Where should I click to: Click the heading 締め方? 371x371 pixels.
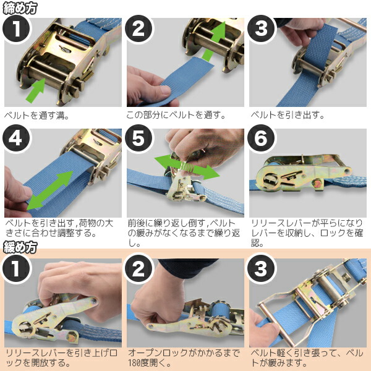coord(20,8)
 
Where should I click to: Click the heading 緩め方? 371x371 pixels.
coord(20,247)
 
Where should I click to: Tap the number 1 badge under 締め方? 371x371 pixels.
coord(17,29)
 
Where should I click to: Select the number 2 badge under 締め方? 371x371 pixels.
coord(139,29)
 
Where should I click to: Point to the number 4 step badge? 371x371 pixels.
coord(17,138)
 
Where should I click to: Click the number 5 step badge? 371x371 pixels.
coord(139,138)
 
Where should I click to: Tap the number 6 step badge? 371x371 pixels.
coord(262,138)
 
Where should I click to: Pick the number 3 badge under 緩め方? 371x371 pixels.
coord(261,268)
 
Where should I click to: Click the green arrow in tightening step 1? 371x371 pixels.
coord(35,91)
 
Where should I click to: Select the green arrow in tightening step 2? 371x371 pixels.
coord(214,41)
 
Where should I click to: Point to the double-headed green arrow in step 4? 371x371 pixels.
coord(50,190)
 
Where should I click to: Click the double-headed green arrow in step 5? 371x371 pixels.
coord(187,167)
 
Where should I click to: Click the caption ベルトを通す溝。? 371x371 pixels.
coord(37,116)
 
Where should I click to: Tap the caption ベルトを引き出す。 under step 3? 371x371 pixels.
coord(288,115)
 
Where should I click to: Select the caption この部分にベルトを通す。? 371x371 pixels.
coord(176,115)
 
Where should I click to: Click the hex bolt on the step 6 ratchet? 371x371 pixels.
coord(317,184)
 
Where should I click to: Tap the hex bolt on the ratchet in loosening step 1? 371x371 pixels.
coord(72,338)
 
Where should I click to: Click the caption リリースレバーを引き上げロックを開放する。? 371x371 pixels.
coord(61,358)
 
